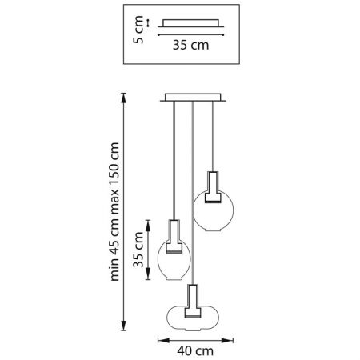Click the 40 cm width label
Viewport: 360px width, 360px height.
195,351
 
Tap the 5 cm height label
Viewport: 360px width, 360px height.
138,30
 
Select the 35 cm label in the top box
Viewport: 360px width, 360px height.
190,45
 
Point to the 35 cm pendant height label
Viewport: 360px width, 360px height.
138,250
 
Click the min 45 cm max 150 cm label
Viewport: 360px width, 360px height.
114,211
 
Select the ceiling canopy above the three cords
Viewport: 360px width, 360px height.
193,98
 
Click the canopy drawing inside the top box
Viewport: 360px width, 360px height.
190,23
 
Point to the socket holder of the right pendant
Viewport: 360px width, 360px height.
213,187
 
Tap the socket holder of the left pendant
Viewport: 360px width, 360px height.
174,237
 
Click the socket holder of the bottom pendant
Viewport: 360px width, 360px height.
193,302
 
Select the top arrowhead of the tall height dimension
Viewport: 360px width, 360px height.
123,98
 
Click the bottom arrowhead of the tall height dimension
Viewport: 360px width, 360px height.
123,326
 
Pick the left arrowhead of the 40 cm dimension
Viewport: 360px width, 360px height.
164,340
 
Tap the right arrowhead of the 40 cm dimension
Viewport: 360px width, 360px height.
227,340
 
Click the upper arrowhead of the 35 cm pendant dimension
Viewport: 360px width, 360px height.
148,225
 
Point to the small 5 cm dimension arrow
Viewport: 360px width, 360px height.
147,23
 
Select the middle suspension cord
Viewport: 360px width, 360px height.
193,193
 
